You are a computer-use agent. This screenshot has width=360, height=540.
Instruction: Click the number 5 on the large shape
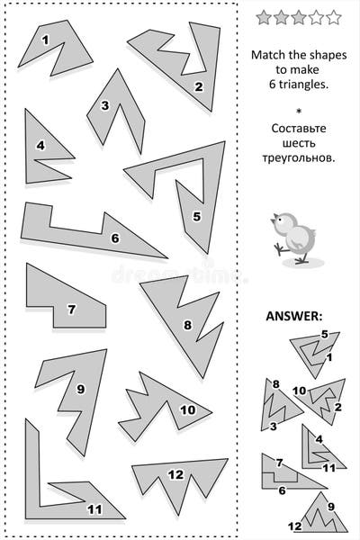pyautogui.click(x=196, y=216)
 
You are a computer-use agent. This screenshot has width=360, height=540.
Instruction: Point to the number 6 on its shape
pyautogui.click(x=114, y=238)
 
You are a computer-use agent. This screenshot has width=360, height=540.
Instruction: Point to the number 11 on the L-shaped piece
pyautogui.click(x=94, y=508)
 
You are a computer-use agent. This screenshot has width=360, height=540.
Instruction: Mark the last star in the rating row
pyautogui.click(x=333, y=16)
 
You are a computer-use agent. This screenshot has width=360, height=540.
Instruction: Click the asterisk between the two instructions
pyautogui.click(x=294, y=112)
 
